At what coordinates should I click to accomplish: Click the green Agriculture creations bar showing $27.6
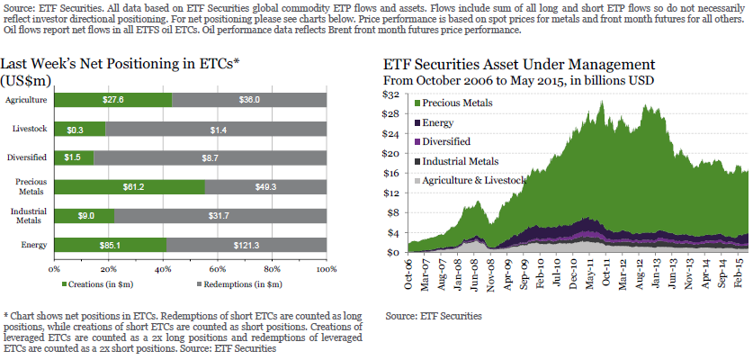[113, 101]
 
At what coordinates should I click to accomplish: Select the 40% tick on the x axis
[163, 268]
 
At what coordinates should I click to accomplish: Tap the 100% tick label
[326, 268]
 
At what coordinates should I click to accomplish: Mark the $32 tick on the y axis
[392, 94]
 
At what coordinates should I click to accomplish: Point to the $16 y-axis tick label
[392, 173]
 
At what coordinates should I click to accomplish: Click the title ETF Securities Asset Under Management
[519, 65]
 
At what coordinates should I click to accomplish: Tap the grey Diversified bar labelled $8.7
[209, 158]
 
